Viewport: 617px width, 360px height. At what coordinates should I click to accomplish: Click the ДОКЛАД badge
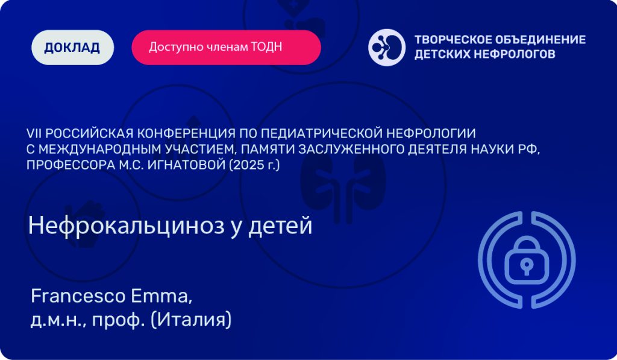pos(72,47)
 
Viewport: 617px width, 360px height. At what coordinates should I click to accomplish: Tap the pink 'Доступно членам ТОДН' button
pos(227,47)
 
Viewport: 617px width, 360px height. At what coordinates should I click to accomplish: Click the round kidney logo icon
pos(387,47)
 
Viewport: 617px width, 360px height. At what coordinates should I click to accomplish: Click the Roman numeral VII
pos(34,133)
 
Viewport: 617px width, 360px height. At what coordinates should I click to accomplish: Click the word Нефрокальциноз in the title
pos(127,226)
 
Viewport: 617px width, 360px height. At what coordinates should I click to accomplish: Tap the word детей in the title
pos(280,226)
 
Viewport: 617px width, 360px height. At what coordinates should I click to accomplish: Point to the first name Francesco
pos(78,296)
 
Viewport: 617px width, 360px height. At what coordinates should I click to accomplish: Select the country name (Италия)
pos(191,320)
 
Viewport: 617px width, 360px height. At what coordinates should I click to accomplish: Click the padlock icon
pos(527,260)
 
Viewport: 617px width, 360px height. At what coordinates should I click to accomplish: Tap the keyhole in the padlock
pos(527,267)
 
